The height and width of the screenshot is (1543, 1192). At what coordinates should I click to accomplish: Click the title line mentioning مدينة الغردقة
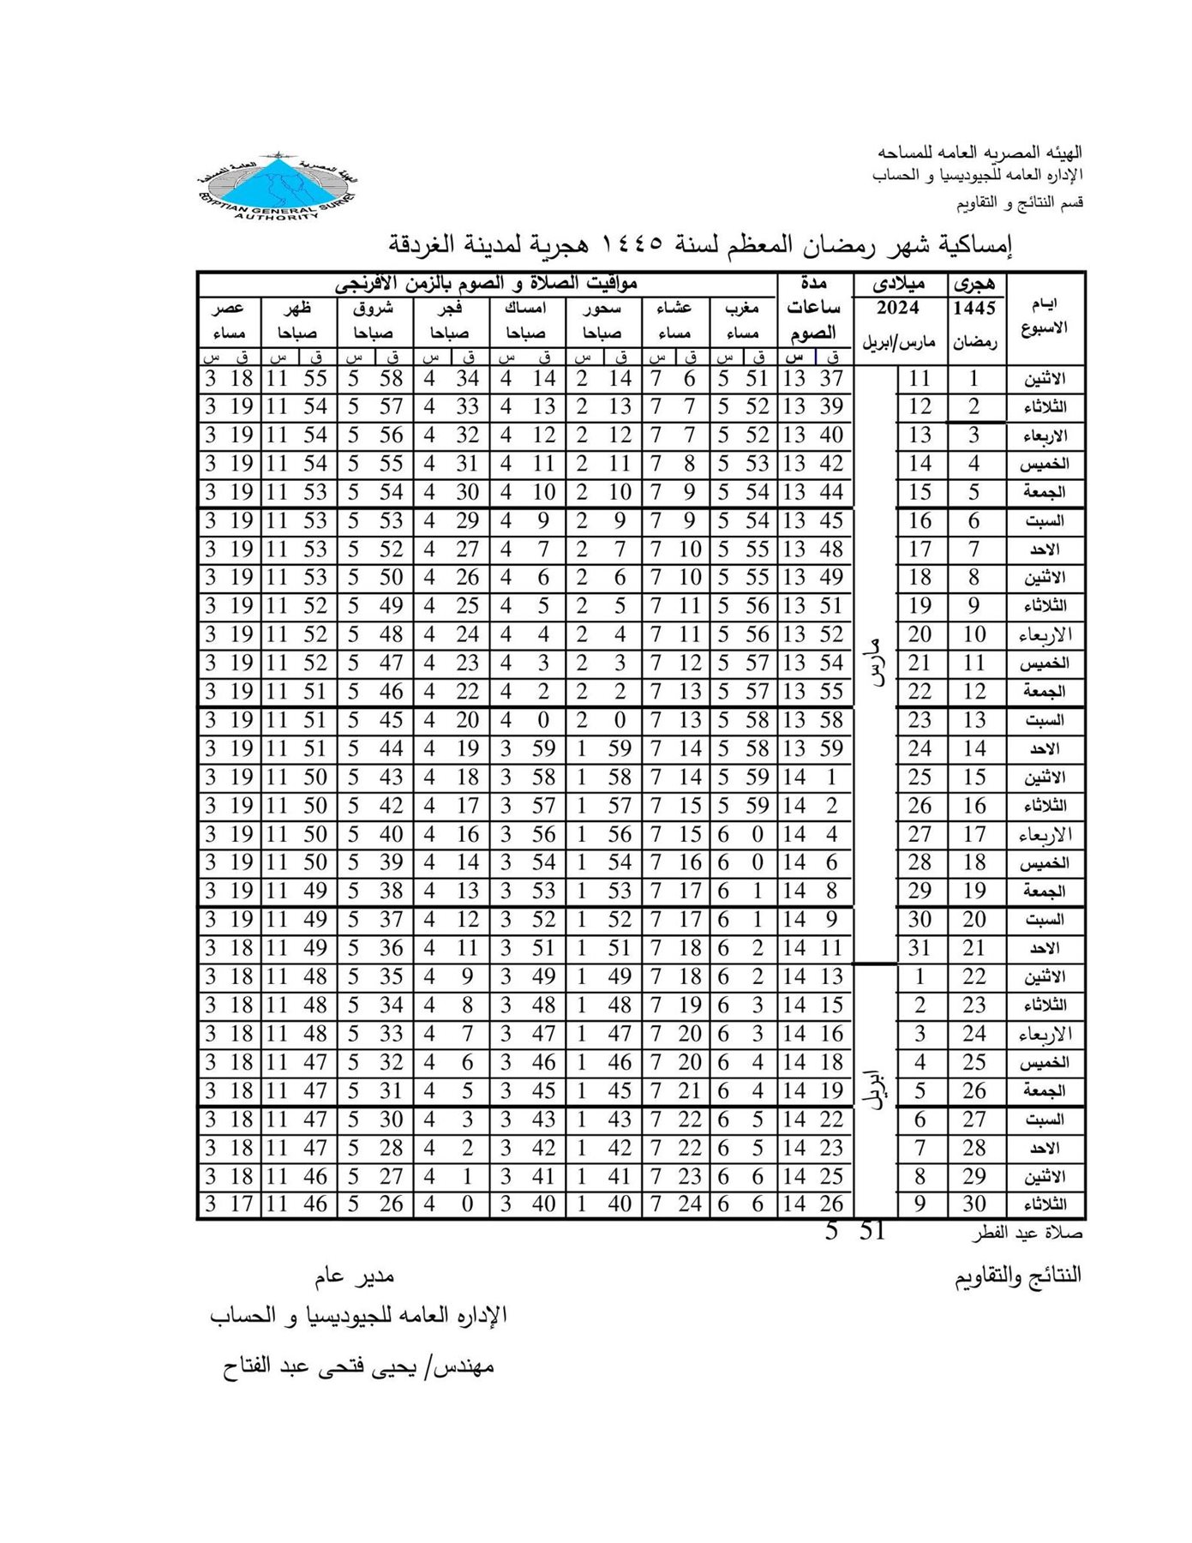pos(700,245)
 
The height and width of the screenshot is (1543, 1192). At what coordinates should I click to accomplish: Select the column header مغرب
pos(743,309)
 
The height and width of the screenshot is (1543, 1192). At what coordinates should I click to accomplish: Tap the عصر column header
pos(228,309)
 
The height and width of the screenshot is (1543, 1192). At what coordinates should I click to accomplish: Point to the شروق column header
pos(374,309)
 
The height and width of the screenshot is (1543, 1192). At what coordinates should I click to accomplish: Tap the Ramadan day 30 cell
pos(974,1204)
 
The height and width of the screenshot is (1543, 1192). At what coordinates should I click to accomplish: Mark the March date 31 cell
pos(919,948)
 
